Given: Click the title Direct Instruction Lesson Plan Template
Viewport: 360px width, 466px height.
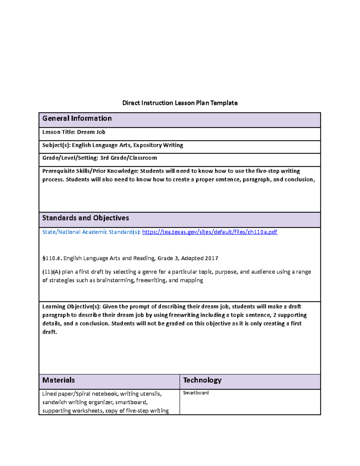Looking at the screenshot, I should (x=180, y=103).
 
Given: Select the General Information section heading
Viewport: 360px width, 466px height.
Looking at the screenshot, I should (x=77, y=119).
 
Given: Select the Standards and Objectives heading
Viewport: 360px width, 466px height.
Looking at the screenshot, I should (x=85, y=218).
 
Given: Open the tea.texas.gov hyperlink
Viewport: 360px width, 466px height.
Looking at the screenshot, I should (x=210, y=232).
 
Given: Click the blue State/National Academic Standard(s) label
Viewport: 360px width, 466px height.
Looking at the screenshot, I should (x=91, y=232).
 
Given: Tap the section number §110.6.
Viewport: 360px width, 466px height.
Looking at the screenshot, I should (x=52, y=258).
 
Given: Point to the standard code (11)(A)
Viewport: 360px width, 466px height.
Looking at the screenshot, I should (x=51, y=272).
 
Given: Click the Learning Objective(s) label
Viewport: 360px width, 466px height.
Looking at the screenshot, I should (x=71, y=307).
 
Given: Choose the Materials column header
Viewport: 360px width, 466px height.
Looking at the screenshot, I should (x=58, y=380).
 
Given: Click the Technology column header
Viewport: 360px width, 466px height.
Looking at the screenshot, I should (x=202, y=380).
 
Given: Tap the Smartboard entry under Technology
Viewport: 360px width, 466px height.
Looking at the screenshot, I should (x=196, y=393).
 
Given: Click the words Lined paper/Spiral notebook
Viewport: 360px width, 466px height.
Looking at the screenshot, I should (x=80, y=394).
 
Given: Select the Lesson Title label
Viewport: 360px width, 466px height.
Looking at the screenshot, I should (x=59, y=132).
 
